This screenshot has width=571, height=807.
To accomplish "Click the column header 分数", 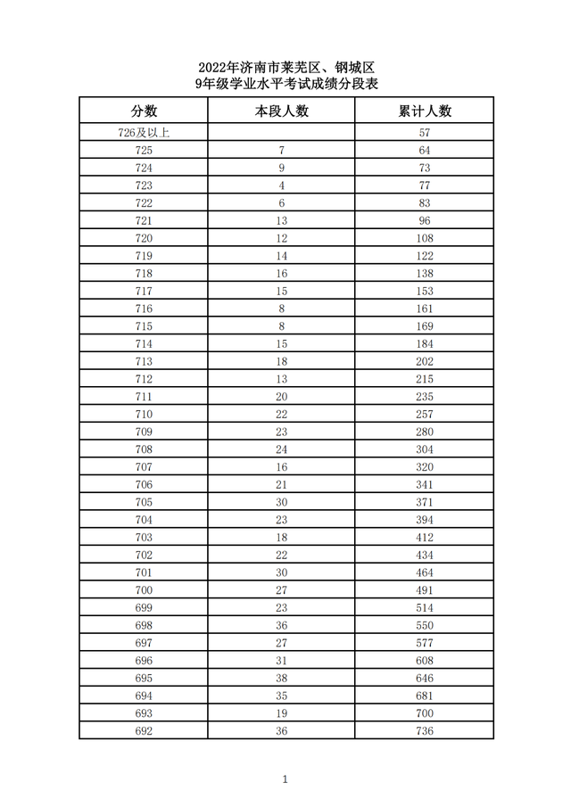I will [x=144, y=111].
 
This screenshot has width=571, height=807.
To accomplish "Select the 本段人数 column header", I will [x=281, y=111].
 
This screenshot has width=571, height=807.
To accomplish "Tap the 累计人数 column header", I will [x=424, y=111].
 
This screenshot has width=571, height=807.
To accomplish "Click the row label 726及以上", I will [x=144, y=133].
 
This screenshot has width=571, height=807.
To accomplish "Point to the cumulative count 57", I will [x=425, y=133].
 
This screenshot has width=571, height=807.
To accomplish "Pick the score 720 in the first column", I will [x=144, y=238].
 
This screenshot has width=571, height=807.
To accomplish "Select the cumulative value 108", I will [x=425, y=238].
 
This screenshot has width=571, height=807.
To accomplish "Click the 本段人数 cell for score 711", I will [x=282, y=397].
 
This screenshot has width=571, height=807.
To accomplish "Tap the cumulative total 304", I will [x=425, y=449].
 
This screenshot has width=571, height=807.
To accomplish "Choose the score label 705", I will [x=144, y=502].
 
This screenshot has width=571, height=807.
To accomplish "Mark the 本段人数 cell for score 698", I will [x=282, y=625].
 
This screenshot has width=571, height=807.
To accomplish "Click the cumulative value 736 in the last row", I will [x=425, y=730].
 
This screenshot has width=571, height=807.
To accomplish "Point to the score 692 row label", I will [x=144, y=730].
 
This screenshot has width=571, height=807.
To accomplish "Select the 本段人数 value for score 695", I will [x=282, y=678].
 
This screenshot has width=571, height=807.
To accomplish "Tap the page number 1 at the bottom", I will [x=285, y=779].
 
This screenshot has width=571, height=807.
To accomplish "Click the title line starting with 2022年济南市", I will [x=285, y=68].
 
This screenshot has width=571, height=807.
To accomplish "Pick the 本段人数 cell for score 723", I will [x=282, y=185].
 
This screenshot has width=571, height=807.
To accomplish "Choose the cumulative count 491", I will [x=425, y=590].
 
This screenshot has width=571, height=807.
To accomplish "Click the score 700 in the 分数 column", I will [x=144, y=590].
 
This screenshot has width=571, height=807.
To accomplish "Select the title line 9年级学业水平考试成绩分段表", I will [x=285, y=85].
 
